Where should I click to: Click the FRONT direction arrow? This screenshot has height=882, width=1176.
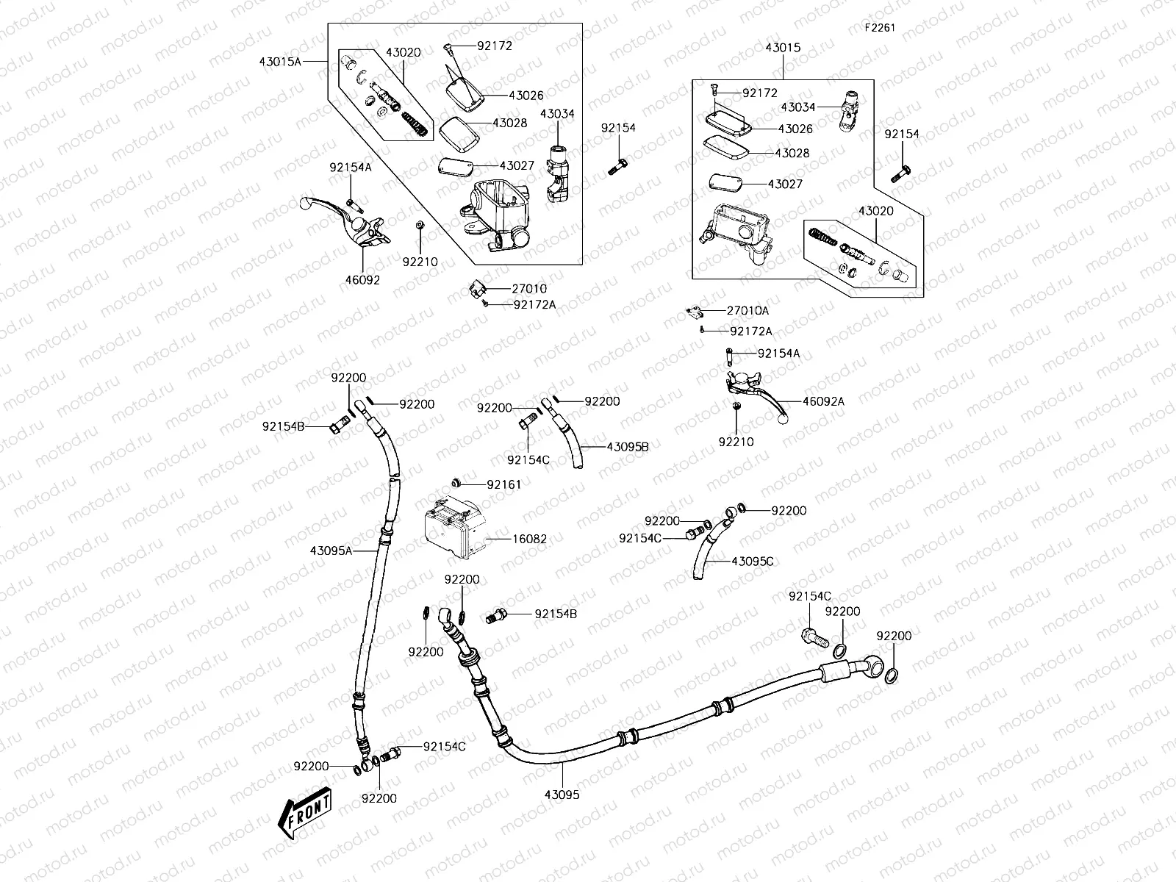click(304, 813)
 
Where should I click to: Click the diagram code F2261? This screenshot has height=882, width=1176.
click(880, 28)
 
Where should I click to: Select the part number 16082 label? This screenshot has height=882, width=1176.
click(529, 539)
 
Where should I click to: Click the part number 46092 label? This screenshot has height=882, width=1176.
click(362, 280)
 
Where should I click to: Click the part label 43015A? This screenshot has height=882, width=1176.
click(280, 62)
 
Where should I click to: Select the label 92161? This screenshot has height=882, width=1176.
click(504, 484)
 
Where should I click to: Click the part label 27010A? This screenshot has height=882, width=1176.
click(748, 311)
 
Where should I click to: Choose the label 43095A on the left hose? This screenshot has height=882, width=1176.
click(331, 550)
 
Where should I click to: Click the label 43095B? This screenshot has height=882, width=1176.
click(628, 446)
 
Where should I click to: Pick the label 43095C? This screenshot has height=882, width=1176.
click(753, 561)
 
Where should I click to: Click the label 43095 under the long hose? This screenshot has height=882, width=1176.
click(562, 795)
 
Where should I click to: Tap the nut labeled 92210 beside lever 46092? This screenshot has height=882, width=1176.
click(417, 226)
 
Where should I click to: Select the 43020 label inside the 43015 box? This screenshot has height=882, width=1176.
click(876, 211)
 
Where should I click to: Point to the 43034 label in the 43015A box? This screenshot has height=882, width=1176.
click(557, 114)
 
